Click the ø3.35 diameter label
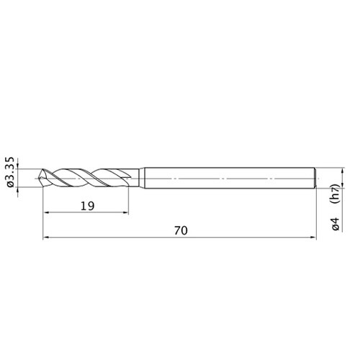pos(11,172)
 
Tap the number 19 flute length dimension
pos(87,206)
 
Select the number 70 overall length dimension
pos(181,230)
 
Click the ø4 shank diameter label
pos(336,224)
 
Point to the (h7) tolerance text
pos(336,194)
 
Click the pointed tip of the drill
pos(39,178)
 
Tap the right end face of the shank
pos(315,178)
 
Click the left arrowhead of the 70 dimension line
pos(45,238)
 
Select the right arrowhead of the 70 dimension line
pos(313,238)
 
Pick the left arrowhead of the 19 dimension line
pos(45,212)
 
